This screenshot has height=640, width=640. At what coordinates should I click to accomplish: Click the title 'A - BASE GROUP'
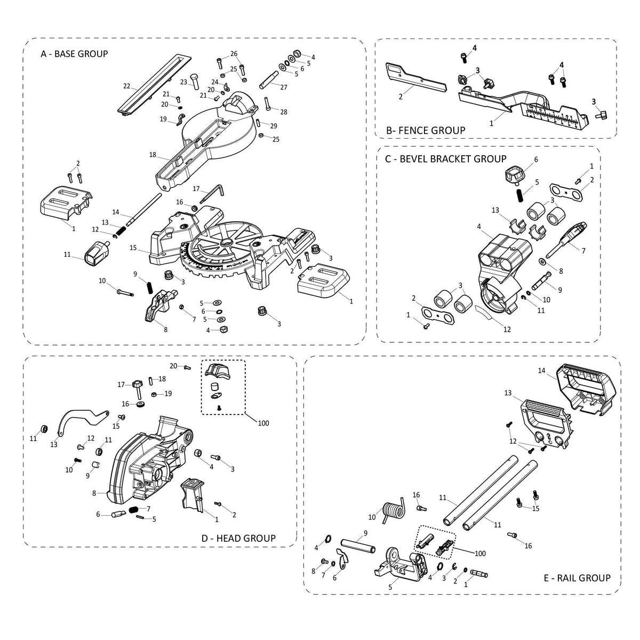click(74, 53)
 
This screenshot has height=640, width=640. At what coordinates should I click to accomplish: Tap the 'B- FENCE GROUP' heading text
click(426, 130)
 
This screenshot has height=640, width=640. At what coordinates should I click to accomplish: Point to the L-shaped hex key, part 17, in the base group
click(217, 190)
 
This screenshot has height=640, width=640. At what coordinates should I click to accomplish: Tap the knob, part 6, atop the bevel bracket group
click(516, 174)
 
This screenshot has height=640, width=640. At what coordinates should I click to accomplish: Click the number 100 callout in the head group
click(263, 423)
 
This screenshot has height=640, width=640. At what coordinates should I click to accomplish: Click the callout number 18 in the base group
click(153, 155)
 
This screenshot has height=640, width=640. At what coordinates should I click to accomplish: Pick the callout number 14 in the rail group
click(541, 370)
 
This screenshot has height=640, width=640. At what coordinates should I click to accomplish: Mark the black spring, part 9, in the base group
click(149, 288)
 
